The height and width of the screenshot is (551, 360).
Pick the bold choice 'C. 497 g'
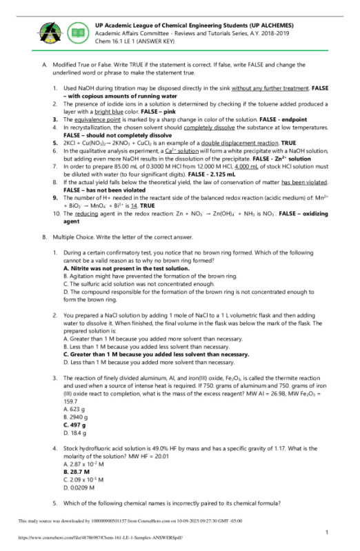pos(74,425)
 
